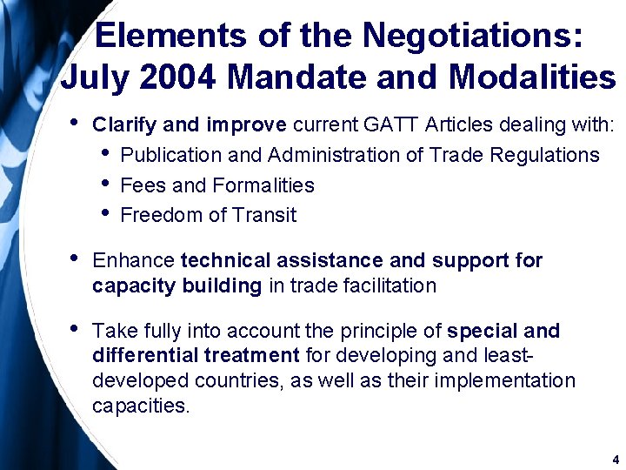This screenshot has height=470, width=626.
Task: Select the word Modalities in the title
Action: click(532, 77)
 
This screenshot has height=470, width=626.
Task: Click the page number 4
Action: click(615, 459)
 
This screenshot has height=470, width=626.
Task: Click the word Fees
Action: click(142, 185)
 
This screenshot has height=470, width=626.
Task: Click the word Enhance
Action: click(133, 260)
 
